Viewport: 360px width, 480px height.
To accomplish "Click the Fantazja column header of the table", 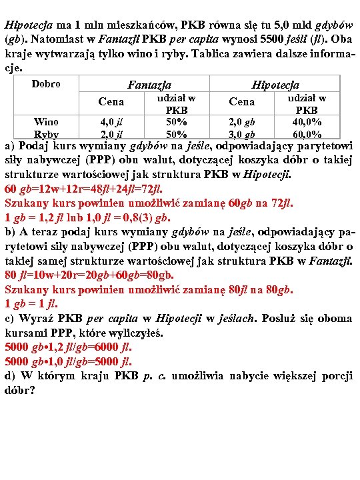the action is (149, 85).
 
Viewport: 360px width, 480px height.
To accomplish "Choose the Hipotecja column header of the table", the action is (275, 85).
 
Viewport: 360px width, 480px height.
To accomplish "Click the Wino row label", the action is (46, 121).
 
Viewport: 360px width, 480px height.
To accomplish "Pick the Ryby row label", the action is (46, 134).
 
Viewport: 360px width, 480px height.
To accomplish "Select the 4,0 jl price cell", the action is (111, 121).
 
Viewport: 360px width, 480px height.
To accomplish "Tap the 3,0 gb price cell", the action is (241, 134).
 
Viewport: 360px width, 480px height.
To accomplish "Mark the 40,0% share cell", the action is (307, 121).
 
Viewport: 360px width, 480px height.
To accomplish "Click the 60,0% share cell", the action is (307, 134).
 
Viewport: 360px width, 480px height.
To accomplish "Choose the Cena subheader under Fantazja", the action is (111, 102).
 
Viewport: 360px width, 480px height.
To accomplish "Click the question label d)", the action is (10, 376).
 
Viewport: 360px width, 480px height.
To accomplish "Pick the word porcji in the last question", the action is (335, 376).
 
